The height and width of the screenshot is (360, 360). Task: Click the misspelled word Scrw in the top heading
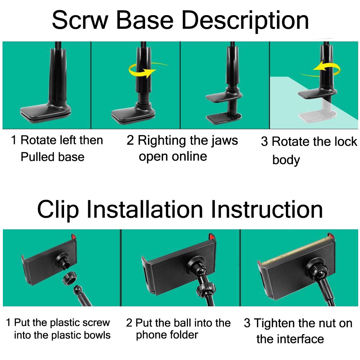tap(80, 20)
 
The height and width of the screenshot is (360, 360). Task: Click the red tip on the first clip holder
tap(74, 237)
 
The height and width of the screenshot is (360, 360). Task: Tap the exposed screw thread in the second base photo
tap(143, 98)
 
